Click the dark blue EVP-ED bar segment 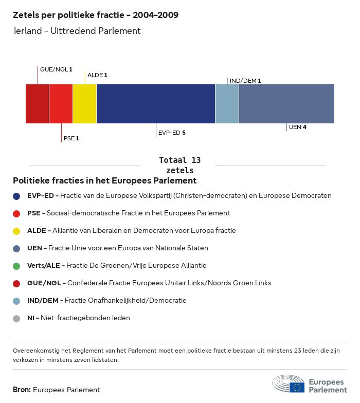coord(156,104)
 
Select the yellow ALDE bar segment coord(84,104)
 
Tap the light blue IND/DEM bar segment coord(227,104)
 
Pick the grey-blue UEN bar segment coord(287,104)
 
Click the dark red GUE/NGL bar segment coord(37,104)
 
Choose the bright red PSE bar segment coord(61,104)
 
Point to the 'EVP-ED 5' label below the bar coord(172,133)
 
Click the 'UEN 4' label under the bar coord(297,127)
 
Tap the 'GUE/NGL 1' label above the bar coord(56,69)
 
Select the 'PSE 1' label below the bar coord(71,138)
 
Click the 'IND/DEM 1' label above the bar coord(245,81)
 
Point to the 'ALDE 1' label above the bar coord(97,75)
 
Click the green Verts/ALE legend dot coord(16,266)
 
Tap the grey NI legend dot coord(16,319)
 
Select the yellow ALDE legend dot coord(16,231)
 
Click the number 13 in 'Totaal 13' coord(196,160)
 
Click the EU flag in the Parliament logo coord(297,388)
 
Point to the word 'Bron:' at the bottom coord(22,390)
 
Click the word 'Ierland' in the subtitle coord(28,31)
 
